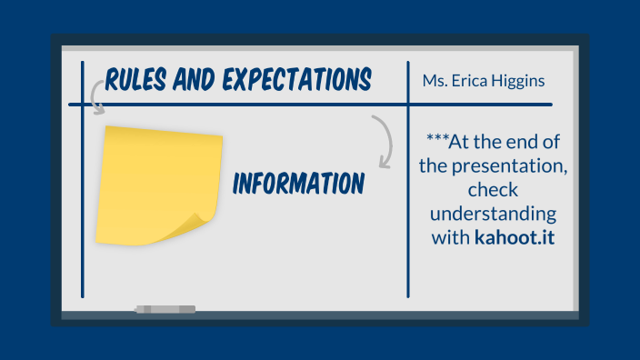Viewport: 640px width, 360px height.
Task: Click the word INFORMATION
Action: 298,184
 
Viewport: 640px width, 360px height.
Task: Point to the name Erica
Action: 473,82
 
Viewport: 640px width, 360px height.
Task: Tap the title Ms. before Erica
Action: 435,82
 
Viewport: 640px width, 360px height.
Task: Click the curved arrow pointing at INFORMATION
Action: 385,141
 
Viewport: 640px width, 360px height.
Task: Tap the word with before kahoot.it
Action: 451,239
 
